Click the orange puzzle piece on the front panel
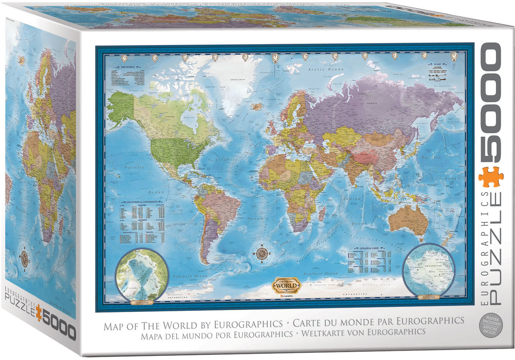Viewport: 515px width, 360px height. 491,177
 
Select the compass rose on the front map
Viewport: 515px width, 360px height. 262,253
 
